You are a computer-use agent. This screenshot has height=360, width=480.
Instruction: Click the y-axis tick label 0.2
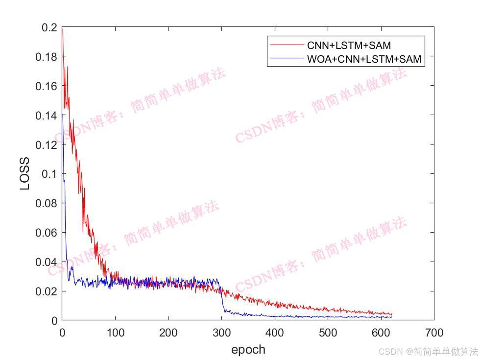pyautogui.click(x=50, y=27)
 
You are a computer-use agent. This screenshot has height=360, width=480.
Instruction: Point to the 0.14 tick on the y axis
pyautogui.click(x=46, y=115)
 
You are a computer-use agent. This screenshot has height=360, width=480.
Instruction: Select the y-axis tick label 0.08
pyautogui.click(x=46, y=203)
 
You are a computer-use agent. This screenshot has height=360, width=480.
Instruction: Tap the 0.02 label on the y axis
pyautogui.click(x=46, y=291)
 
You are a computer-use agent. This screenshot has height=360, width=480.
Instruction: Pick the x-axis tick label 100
pyautogui.click(x=115, y=333)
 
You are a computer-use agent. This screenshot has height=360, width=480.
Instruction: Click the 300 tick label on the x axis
pyautogui.click(x=221, y=333)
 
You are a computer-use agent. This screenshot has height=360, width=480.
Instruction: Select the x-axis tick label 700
pyautogui.click(x=434, y=333)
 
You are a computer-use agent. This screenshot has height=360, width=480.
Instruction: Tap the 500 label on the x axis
pyautogui.click(x=328, y=333)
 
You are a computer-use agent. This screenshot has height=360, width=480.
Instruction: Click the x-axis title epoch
pyautogui.click(x=248, y=349)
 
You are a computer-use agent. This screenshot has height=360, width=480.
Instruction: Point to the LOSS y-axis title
pyautogui.click(x=25, y=174)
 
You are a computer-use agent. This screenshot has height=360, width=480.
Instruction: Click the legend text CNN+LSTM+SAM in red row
pyautogui.click(x=349, y=46)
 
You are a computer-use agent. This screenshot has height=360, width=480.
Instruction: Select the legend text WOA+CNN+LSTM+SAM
pyautogui.click(x=364, y=59)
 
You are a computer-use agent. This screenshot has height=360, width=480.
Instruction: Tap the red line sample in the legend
pyautogui.click(x=287, y=45)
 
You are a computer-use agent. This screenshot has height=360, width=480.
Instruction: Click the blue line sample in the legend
pyautogui.click(x=287, y=59)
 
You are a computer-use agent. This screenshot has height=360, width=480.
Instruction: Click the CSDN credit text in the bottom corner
pyautogui.click(x=428, y=351)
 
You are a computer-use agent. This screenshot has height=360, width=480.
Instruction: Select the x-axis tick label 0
pyautogui.click(x=62, y=333)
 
